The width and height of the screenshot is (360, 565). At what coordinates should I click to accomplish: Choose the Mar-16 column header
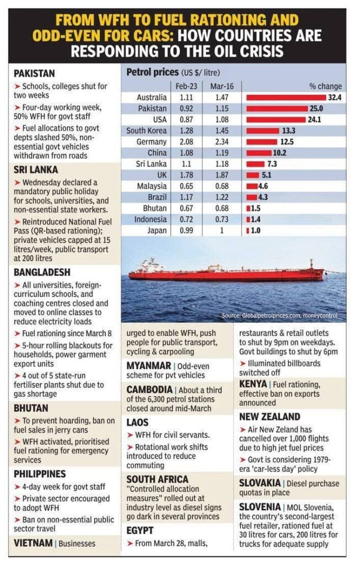219,86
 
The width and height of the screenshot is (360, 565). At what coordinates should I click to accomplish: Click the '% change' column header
325,86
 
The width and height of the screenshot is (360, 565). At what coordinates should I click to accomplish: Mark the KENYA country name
253,383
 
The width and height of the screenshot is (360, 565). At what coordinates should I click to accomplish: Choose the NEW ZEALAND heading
270,417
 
